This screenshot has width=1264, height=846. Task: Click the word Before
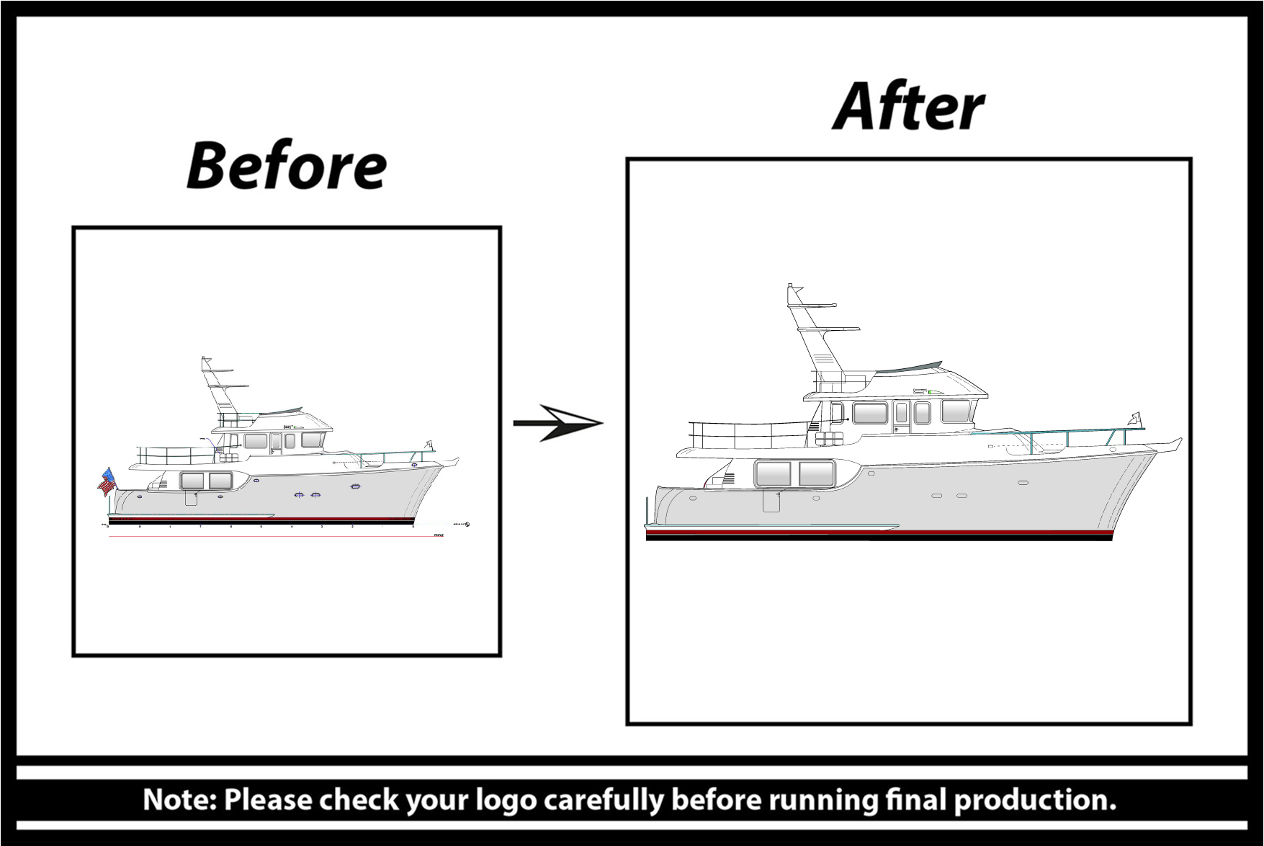point(287,166)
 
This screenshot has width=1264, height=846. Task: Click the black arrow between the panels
point(558,423)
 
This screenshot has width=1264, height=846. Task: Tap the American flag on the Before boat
point(107,481)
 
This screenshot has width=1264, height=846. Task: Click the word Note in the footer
point(179,800)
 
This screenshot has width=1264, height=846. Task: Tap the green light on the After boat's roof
point(931,391)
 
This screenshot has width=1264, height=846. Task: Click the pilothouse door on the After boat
point(902,417)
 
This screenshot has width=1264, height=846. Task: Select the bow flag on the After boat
point(1136,419)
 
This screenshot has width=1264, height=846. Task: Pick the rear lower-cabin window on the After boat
point(773,473)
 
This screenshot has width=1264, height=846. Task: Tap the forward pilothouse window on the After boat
point(955,411)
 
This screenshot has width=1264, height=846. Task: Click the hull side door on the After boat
point(771,500)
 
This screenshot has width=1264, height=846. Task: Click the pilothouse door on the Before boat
point(276,442)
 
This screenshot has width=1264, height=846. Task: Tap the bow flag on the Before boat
point(430,445)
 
